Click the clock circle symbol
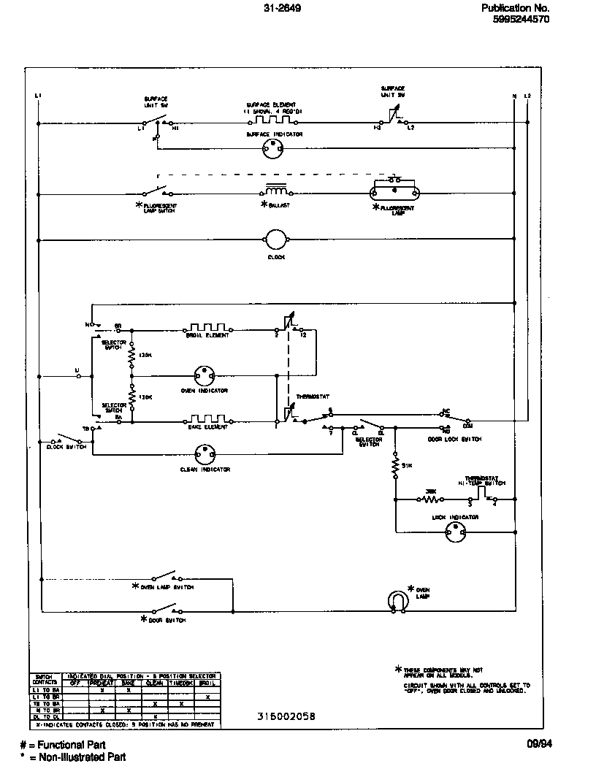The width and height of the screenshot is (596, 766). pyautogui.click(x=276, y=239)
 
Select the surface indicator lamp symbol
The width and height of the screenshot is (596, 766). pyautogui.click(x=272, y=148)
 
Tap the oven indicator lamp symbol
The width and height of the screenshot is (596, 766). pyautogui.click(x=204, y=377)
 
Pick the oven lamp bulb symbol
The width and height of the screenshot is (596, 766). pyautogui.click(x=397, y=600)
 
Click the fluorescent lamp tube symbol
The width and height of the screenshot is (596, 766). pyautogui.click(x=395, y=193)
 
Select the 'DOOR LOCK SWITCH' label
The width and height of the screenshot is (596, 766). pyautogui.click(x=454, y=439)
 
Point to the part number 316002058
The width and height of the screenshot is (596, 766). pyautogui.click(x=286, y=716)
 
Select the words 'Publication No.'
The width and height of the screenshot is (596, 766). pyautogui.click(x=516, y=8)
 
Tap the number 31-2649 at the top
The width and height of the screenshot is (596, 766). pyautogui.click(x=283, y=8)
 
